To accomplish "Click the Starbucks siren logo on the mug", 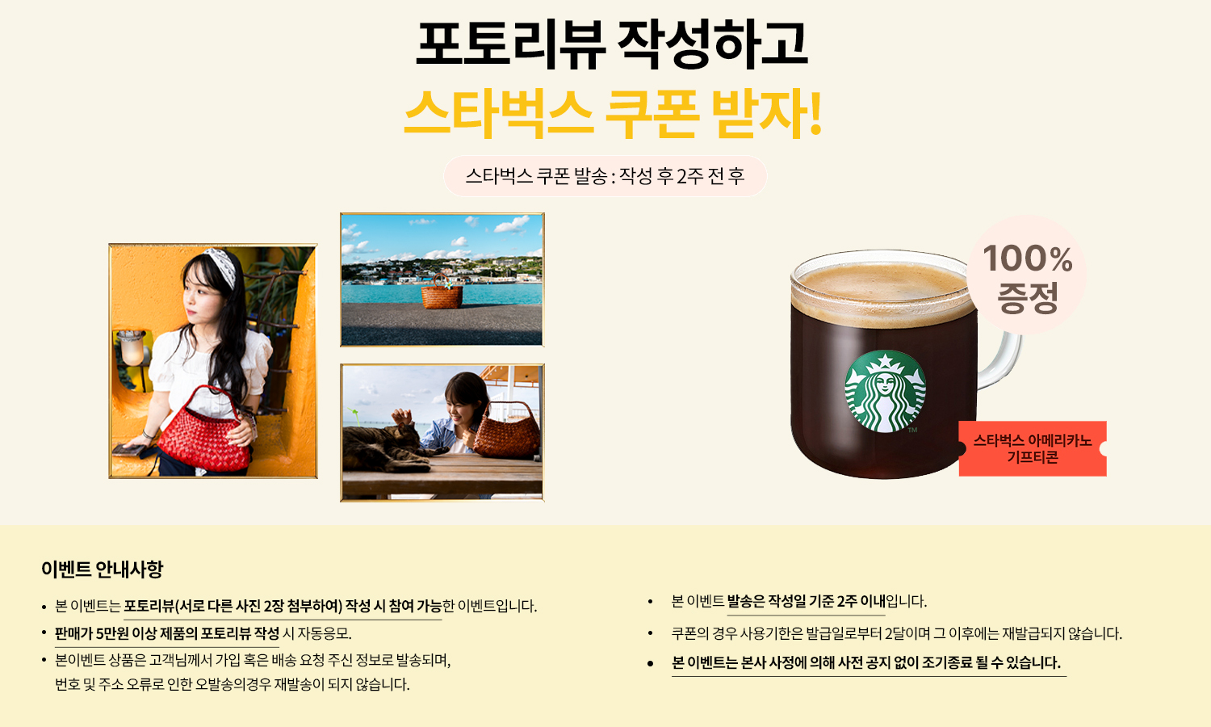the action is tap(885, 391).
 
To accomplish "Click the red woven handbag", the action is tap(203, 431).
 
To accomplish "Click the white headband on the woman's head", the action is tap(222, 264).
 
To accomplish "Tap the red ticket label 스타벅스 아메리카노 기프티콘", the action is tap(1033, 448).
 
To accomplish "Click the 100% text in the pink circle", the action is tap(1028, 258).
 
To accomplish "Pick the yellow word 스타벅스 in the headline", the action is tap(498, 113).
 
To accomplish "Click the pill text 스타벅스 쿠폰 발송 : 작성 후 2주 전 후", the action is tap(605, 176).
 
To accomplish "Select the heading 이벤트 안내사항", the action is tap(103, 569).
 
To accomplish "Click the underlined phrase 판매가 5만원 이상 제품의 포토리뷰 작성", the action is tap(167, 633).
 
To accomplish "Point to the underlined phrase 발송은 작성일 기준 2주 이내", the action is tap(806, 601).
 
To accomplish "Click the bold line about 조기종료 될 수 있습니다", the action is tap(866, 662).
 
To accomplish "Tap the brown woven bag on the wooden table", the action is tap(506, 431).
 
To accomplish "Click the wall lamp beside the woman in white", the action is tap(132, 348).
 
